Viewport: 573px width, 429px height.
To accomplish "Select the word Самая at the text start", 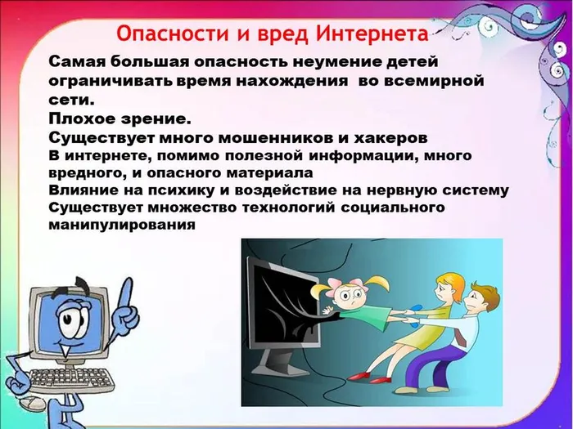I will click(x=74, y=63).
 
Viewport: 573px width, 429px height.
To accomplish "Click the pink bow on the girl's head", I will click(x=335, y=279).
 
